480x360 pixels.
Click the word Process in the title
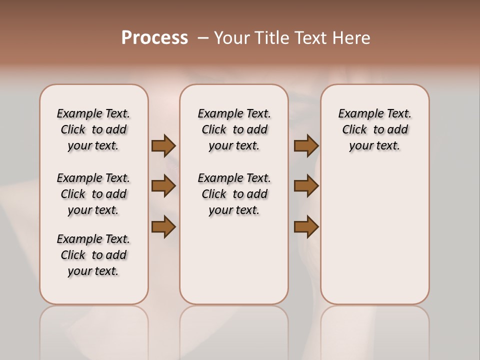click(x=154, y=38)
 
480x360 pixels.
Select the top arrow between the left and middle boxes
click(x=163, y=145)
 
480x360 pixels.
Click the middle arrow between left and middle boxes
click(x=163, y=186)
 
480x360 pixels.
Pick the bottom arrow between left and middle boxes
click(x=163, y=227)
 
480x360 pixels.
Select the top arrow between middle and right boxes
click(x=306, y=145)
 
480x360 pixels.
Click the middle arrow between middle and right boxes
click(x=306, y=186)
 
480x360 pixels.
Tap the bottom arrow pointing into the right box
click(x=306, y=227)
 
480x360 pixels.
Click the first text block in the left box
click(x=93, y=129)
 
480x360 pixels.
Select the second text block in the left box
click(x=93, y=194)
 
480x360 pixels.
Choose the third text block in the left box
click(x=93, y=255)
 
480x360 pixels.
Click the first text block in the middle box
click(x=234, y=129)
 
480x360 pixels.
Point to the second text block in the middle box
click(x=234, y=194)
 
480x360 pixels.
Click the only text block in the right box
click(x=375, y=129)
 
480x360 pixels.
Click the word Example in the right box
click(x=357, y=114)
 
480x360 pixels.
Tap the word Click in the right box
click(x=354, y=130)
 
